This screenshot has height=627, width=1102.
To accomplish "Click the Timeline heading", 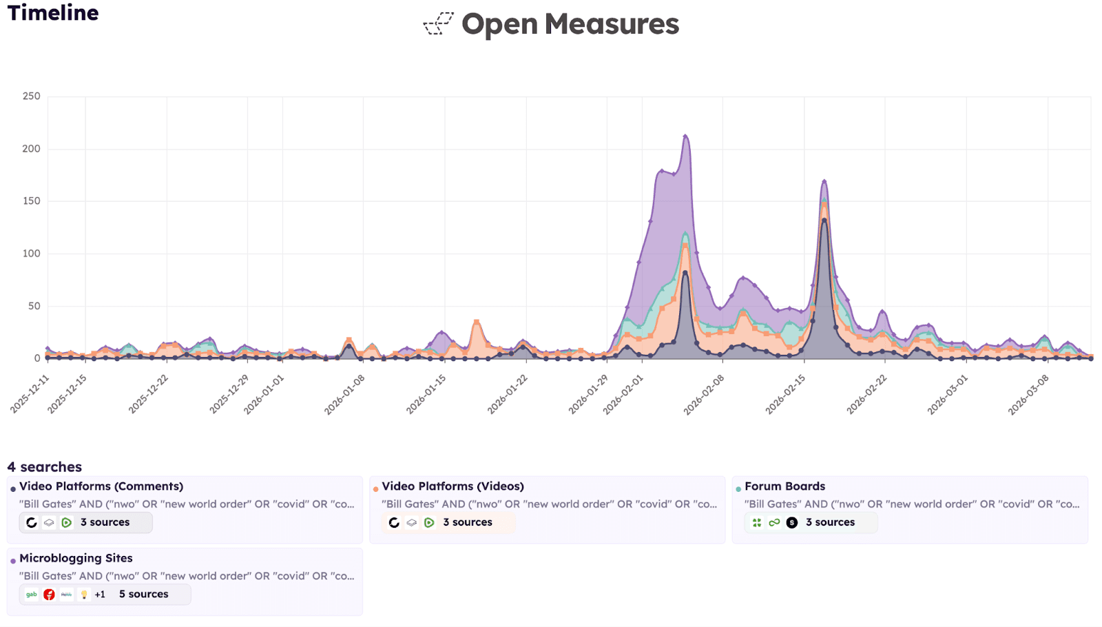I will (53, 13).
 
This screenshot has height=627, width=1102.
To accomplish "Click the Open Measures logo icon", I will (438, 24).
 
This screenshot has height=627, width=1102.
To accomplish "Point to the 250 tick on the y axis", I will (31, 96).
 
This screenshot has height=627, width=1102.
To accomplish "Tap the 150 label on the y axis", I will (31, 201).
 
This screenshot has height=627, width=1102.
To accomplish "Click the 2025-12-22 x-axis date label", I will (149, 395).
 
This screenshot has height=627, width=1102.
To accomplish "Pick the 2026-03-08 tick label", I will (1028, 395).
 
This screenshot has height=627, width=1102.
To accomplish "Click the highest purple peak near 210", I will (685, 136).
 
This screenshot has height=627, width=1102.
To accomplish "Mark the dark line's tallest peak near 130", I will (824, 220).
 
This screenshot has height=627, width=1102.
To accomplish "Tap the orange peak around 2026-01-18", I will (476, 322).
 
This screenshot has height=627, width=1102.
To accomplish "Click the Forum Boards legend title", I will (784, 486).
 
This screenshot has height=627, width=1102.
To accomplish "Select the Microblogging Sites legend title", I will (76, 558).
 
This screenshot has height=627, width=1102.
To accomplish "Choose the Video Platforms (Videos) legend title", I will (453, 486).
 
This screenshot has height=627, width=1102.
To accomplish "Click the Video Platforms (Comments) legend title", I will (101, 486).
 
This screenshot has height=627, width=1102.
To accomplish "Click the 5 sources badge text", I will (143, 594).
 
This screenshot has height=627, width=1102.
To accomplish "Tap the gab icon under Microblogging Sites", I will (32, 594).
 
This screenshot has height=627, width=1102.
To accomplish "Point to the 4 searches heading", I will (45, 466).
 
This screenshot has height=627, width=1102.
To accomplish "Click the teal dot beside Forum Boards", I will (738, 489).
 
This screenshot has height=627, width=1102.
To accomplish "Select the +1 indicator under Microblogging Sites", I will (100, 594).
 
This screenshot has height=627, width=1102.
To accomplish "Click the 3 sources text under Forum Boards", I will (830, 522).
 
